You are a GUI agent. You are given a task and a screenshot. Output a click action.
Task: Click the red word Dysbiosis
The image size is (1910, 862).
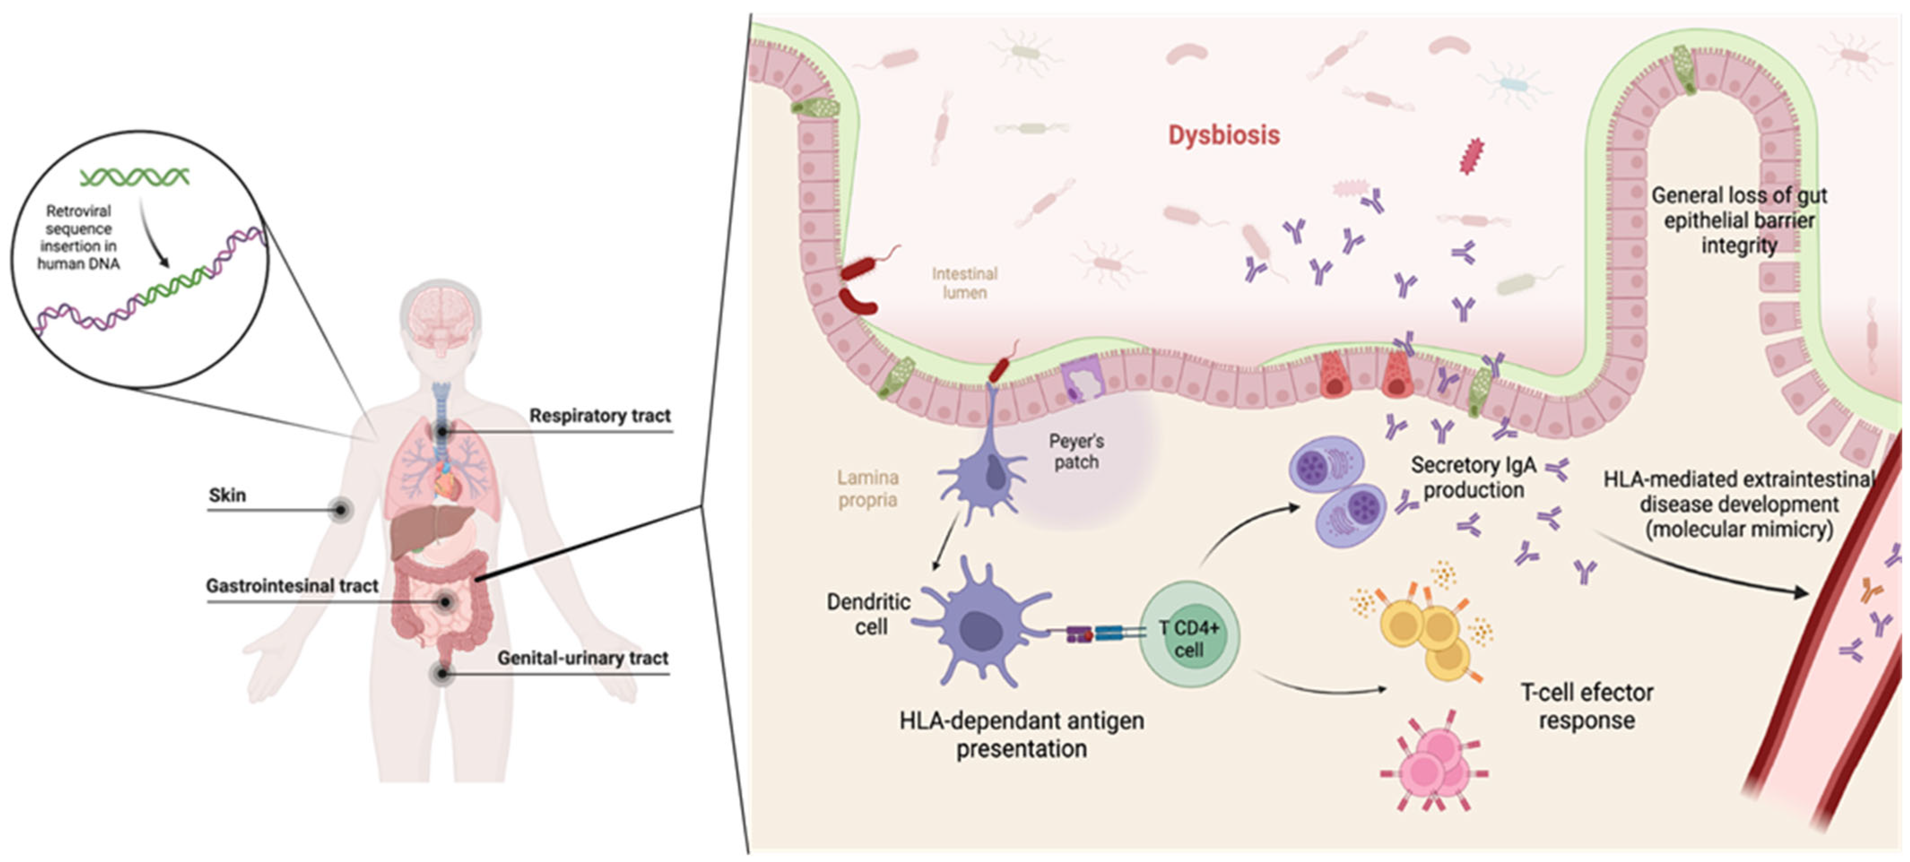coord(1223,135)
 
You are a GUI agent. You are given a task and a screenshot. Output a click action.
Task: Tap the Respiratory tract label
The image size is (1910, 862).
coord(599,416)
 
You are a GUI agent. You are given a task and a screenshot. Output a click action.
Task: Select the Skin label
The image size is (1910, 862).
coord(227,495)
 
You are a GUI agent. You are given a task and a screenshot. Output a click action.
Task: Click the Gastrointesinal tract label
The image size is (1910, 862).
coord(292,586)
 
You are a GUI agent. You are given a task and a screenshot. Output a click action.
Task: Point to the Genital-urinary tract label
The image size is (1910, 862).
coord(583,657)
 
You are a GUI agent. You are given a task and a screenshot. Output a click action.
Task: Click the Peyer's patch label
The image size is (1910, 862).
coord(1076,451)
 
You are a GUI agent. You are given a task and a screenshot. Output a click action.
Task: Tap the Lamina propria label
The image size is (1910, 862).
coord(867,488)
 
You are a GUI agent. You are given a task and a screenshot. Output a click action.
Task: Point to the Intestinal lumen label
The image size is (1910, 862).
coord(964,282)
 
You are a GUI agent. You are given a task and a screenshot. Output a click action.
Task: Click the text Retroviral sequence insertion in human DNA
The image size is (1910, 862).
coord(78,237)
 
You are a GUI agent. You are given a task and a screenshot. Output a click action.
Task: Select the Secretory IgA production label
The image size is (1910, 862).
coord(1473,477)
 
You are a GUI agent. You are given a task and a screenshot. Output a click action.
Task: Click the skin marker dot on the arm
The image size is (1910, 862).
coord(340,510)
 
